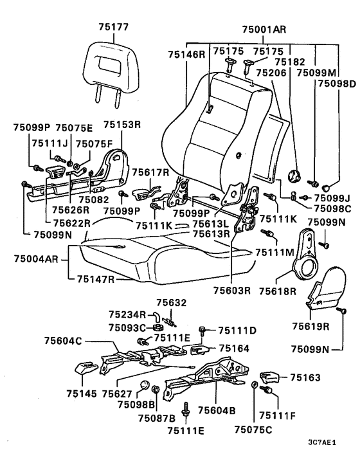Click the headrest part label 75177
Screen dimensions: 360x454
113,27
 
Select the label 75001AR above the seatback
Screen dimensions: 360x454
264,30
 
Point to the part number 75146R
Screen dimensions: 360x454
186,54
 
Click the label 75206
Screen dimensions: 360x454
271,73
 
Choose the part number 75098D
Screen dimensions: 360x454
337,84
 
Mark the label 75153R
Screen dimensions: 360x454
122,125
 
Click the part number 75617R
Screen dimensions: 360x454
150,172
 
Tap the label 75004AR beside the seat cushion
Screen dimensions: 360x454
36,259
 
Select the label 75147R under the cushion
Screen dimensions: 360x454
96,279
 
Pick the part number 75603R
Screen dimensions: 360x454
232,290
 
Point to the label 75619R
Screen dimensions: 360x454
310,326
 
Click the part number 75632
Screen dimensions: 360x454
171,303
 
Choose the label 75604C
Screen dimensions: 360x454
63,341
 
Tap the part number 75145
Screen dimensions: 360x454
82,394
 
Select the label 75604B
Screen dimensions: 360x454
217,410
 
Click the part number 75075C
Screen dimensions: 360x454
253,430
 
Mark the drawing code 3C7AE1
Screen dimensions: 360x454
322,442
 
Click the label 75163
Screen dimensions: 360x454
305,377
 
